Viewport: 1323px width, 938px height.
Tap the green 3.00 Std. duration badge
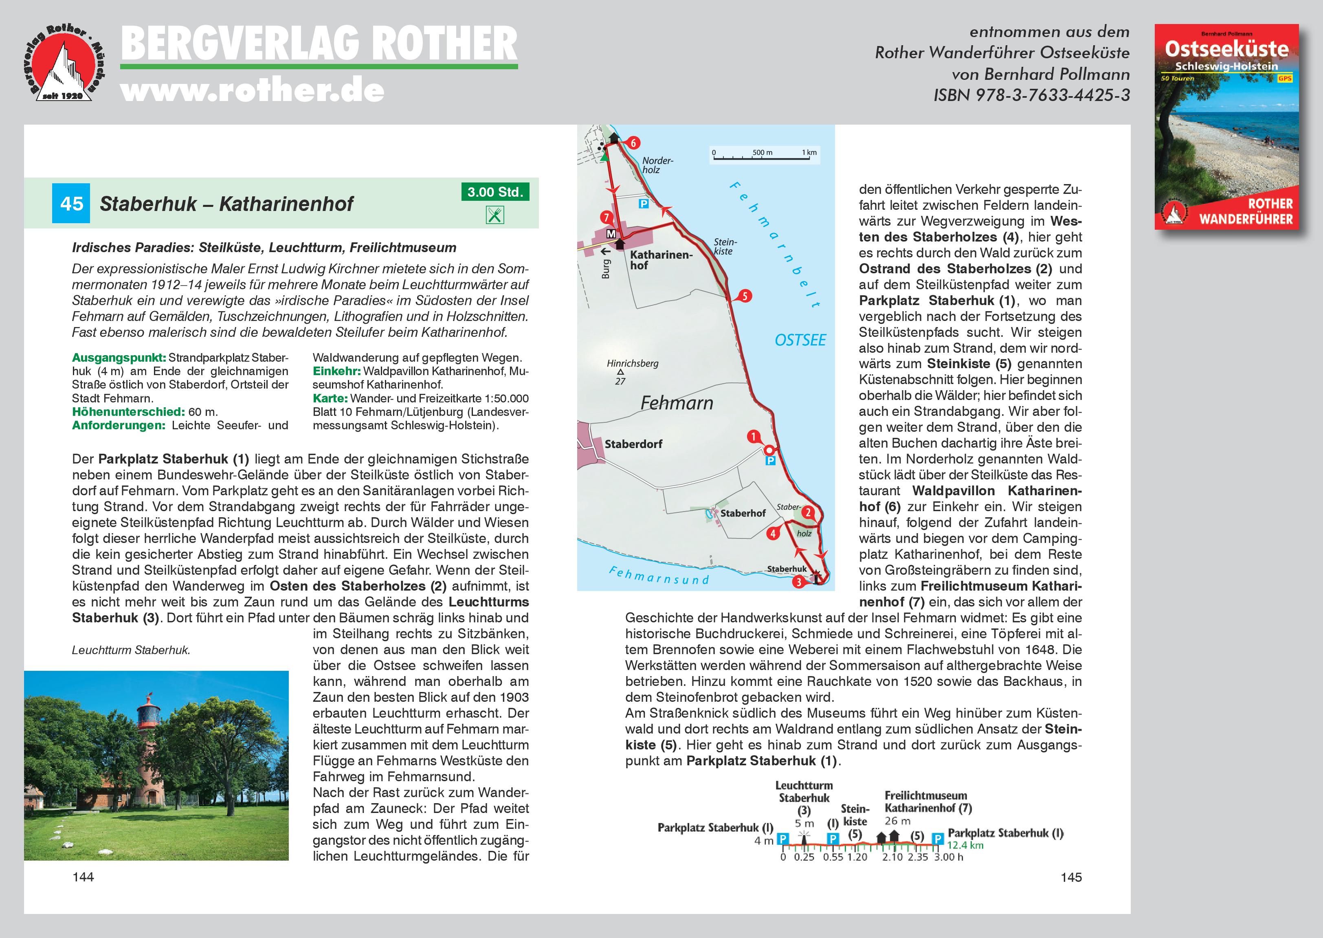pyautogui.click(x=495, y=192)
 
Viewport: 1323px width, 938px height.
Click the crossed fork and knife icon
pyautogui.click(x=495, y=215)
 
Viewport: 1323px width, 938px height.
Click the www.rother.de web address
pyautogui.click(x=253, y=91)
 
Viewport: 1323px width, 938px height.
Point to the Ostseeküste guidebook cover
pyautogui.click(x=1226, y=127)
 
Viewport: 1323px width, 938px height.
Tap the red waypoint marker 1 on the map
pyautogui.click(x=753, y=437)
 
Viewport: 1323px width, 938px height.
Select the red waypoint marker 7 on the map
pyautogui.click(x=606, y=218)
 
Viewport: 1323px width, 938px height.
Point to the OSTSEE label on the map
pyautogui.click(x=800, y=340)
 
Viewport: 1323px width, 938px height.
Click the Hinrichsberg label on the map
pyautogui.click(x=632, y=363)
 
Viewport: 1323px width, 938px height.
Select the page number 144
pyautogui.click(x=83, y=877)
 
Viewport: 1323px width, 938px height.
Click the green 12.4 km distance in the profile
pyautogui.click(x=965, y=845)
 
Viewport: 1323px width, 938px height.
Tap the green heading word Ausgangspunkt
pyautogui.click(x=119, y=358)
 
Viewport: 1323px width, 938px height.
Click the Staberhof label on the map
pyautogui.click(x=743, y=513)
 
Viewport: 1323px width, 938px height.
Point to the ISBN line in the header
pyautogui.click(x=1031, y=95)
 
